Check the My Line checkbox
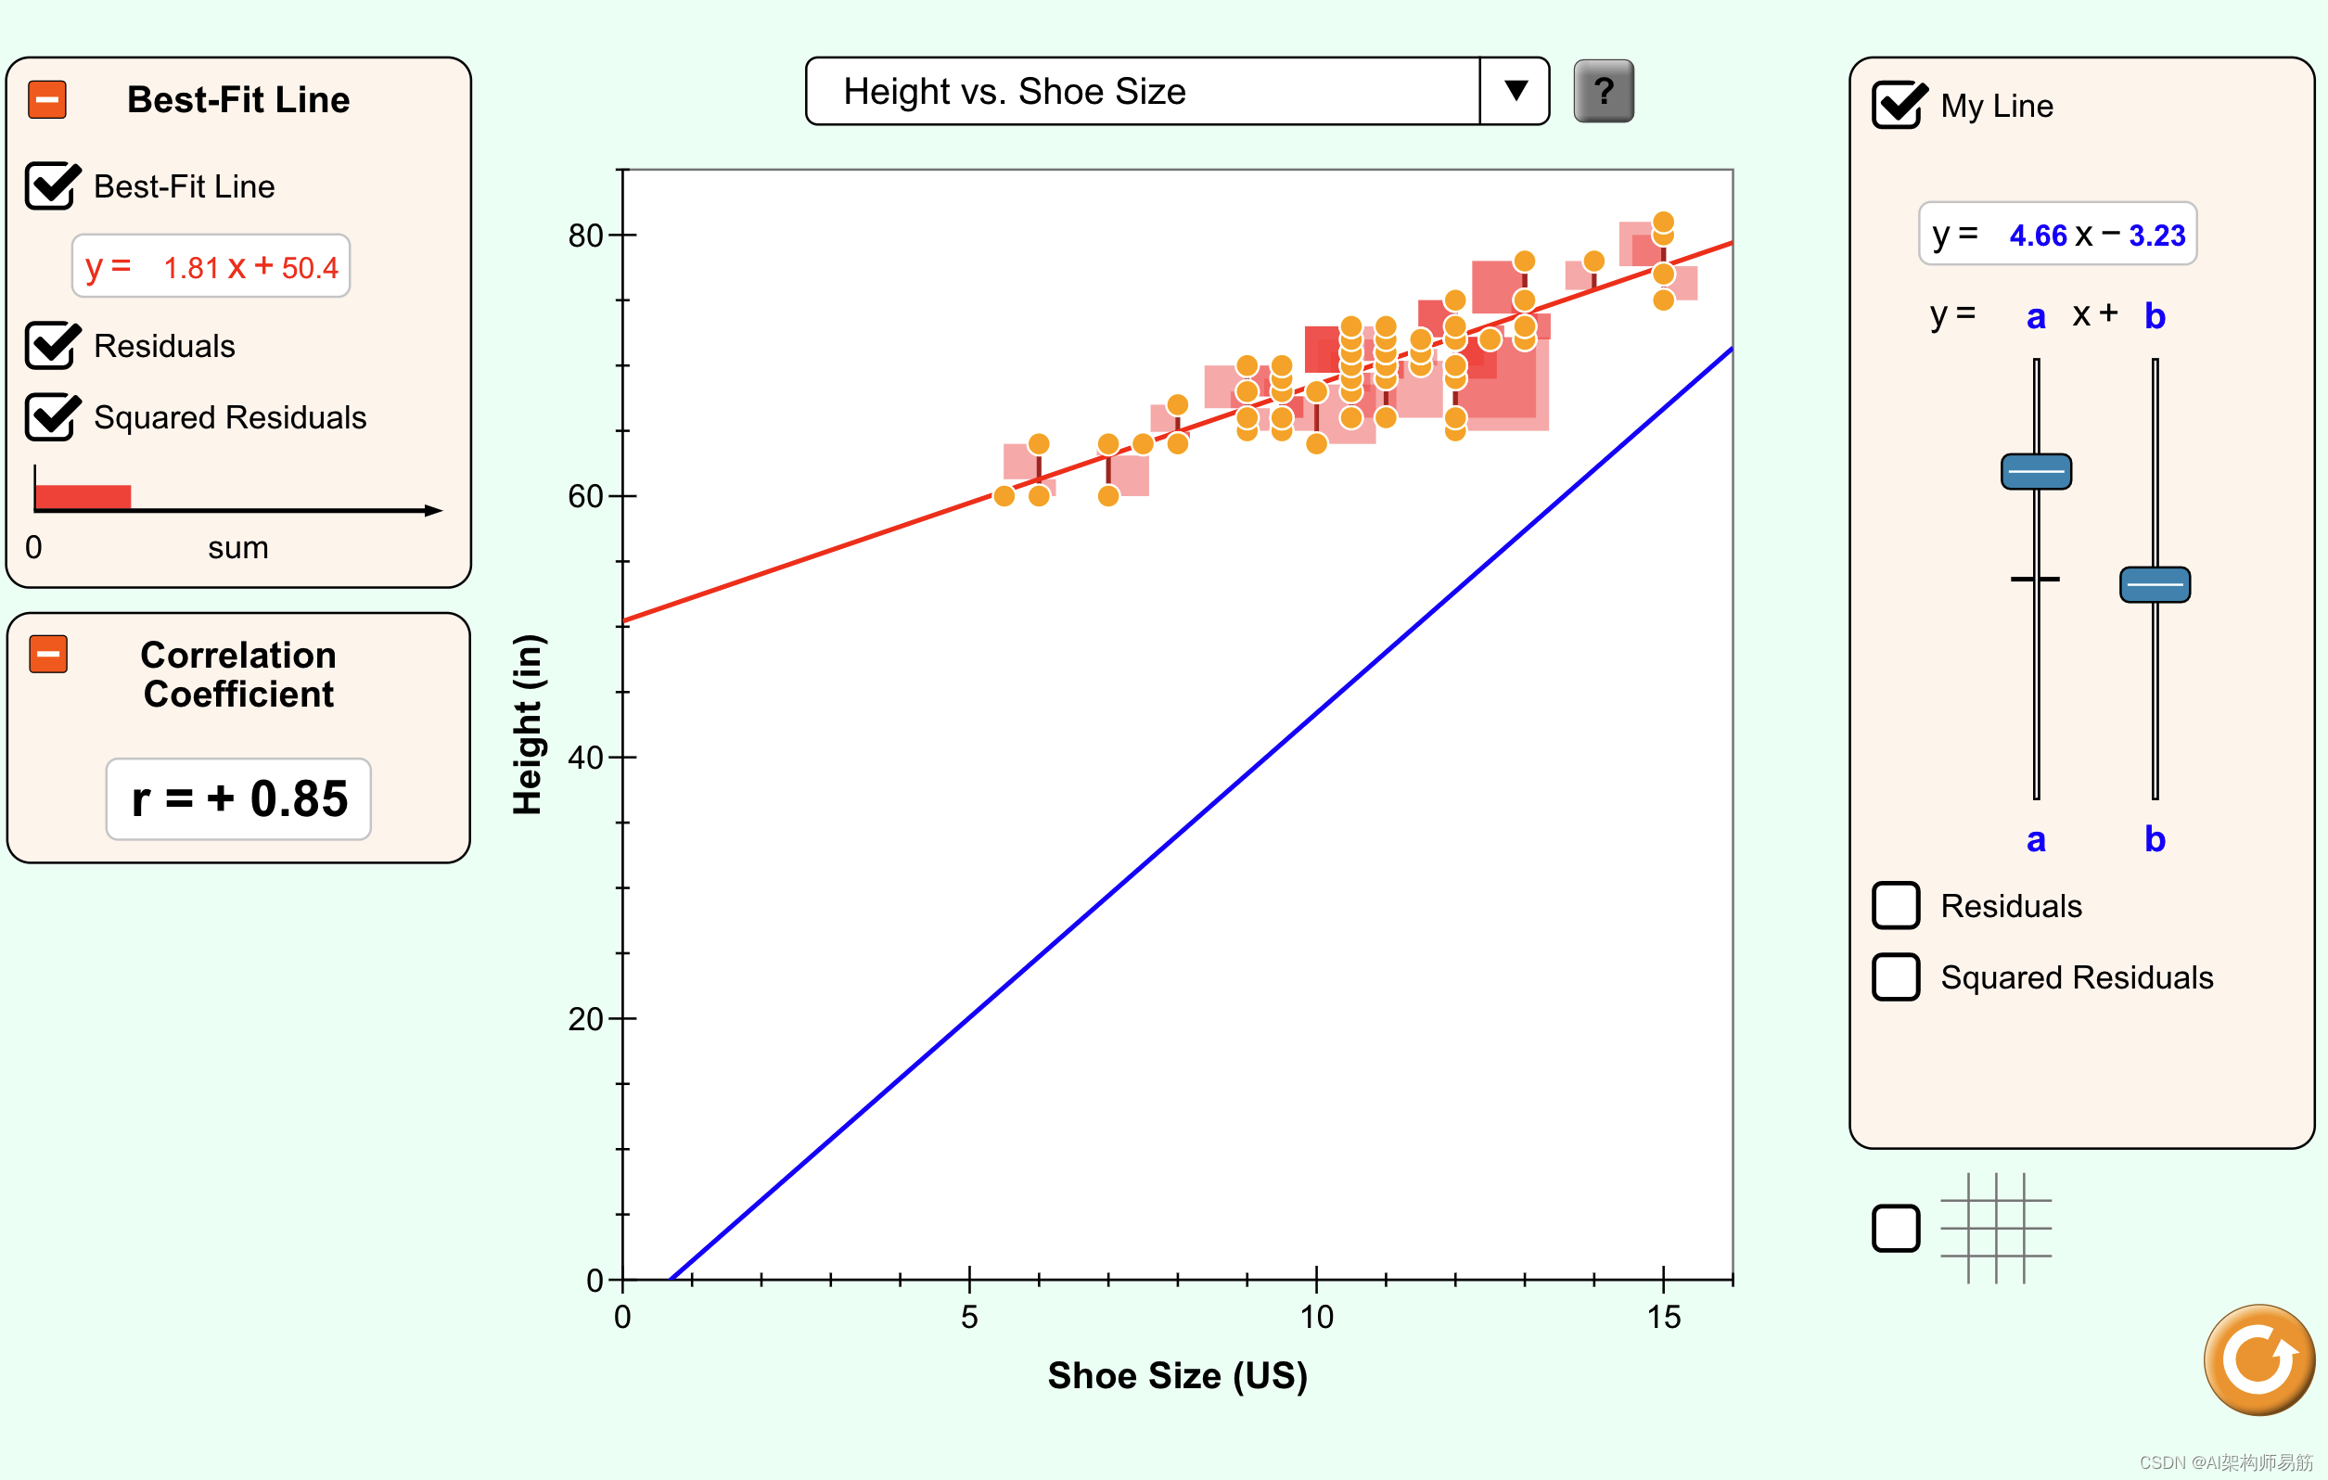click(x=1897, y=106)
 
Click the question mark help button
click(x=1603, y=92)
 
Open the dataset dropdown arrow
click(x=1515, y=92)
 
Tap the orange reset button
click(x=2258, y=1359)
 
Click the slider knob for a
click(x=2035, y=472)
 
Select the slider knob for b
click(x=2154, y=585)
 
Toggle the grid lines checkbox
click(x=1895, y=1228)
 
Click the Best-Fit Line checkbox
click(x=51, y=186)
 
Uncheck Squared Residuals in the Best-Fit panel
click(x=51, y=417)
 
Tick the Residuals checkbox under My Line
click(x=1895, y=906)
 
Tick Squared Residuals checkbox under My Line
click(x=1895, y=977)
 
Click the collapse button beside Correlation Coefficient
click(x=48, y=655)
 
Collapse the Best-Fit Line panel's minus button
click(x=47, y=99)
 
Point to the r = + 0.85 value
click(x=238, y=799)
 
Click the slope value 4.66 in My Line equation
click(x=2037, y=236)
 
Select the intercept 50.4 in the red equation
click(x=310, y=268)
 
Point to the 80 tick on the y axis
click(x=586, y=235)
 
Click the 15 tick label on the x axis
click(x=1663, y=1317)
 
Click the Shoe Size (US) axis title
click(x=1177, y=1375)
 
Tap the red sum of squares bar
click(x=83, y=497)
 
